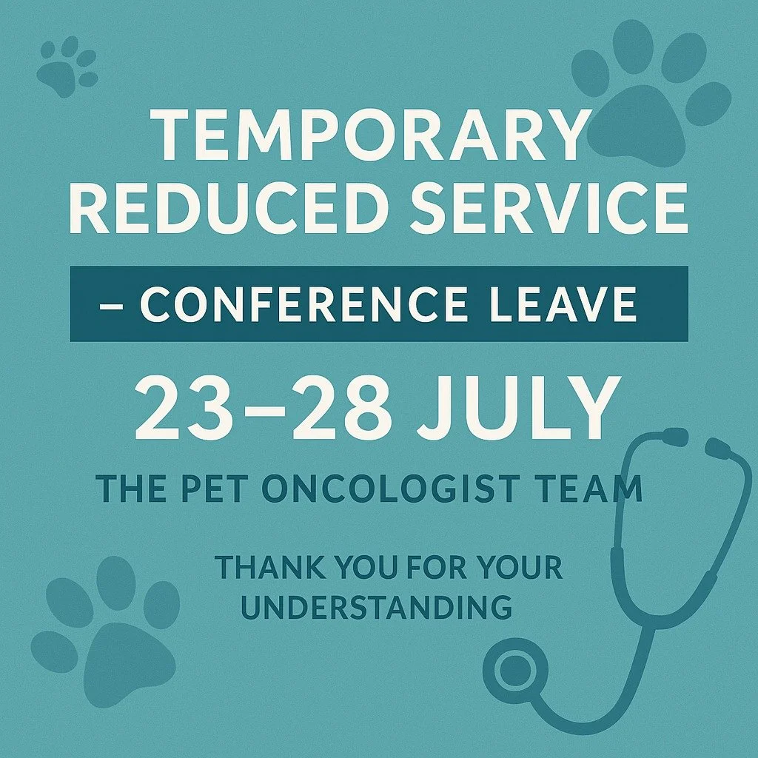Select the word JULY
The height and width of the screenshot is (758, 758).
[518, 409]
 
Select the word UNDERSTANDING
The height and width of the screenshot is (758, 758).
[378, 608]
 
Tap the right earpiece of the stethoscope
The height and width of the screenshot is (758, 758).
[718, 448]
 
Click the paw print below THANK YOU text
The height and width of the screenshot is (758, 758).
[111, 637]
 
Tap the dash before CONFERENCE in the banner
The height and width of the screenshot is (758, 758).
[110, 305]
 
